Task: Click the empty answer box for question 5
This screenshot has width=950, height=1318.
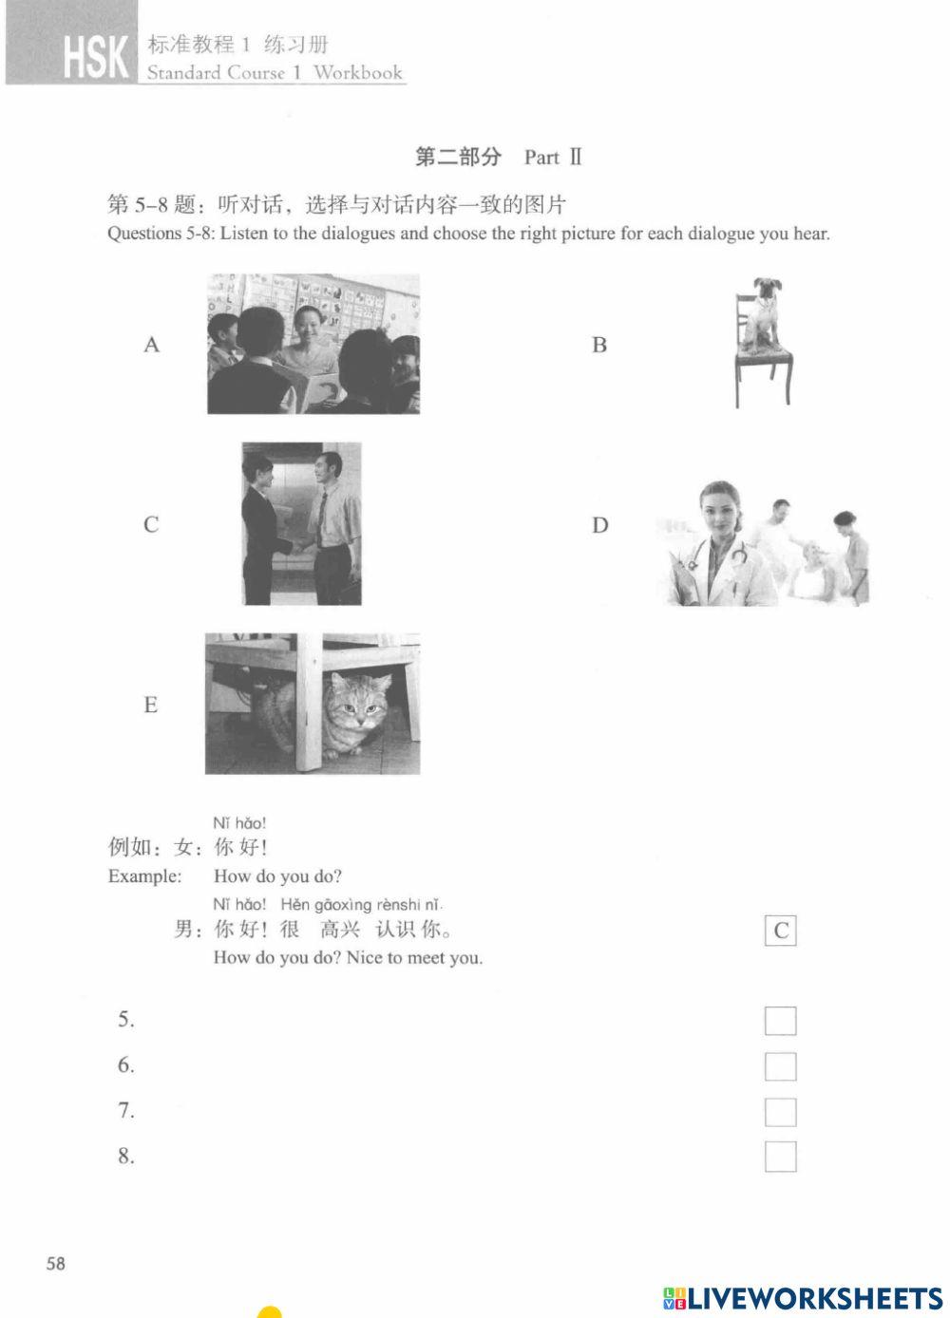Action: point(780,1021)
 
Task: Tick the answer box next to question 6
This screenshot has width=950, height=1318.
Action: point(780,1066)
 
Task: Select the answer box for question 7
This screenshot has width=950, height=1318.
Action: point(780,1112)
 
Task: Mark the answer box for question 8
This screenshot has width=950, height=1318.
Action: point(780,1157)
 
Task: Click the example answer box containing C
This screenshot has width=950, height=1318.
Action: point(780,931)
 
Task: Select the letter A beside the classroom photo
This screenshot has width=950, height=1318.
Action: point(151,345)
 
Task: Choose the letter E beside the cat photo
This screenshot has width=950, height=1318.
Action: point(150,705)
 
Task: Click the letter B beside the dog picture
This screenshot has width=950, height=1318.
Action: point(598,345)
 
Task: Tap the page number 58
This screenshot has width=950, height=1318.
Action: point(56,1263)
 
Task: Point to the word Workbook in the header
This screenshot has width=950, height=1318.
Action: point(358,73)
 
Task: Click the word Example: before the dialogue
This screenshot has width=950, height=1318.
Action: point(144,876)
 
